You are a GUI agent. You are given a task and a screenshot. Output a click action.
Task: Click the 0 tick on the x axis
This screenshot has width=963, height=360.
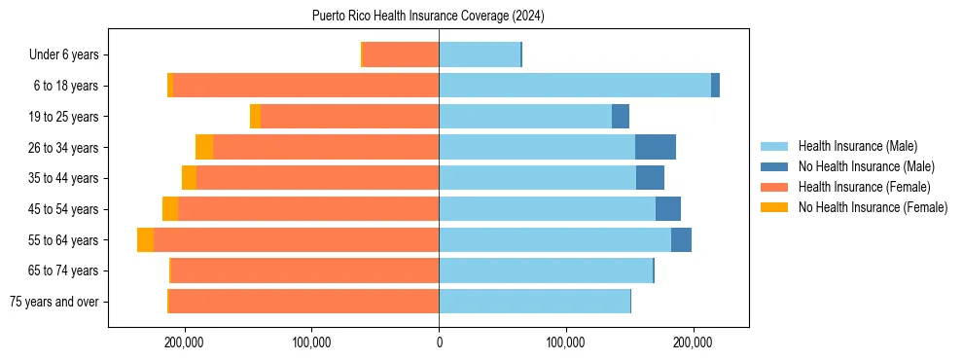point(439,342)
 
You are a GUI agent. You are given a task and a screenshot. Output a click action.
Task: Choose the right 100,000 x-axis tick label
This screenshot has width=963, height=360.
point(565,342)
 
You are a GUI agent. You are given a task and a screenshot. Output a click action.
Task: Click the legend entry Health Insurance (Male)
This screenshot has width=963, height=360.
point(857,146)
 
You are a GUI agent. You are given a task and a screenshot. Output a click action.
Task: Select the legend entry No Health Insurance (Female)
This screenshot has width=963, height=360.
point(873,207)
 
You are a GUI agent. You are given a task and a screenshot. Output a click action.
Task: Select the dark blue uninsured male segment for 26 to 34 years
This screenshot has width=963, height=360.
point(655,147)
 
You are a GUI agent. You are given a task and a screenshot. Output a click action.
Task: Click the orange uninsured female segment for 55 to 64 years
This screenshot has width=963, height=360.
point(145,240)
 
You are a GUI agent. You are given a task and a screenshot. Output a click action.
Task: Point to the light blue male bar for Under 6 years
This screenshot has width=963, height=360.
point(480,54)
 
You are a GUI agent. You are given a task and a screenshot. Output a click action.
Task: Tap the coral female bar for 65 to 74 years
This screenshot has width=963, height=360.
point(304,270)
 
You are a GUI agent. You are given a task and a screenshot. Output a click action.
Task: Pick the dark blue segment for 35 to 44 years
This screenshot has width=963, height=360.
point(650,178)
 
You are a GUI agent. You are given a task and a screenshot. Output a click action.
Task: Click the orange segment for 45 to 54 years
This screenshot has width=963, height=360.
point(170,209)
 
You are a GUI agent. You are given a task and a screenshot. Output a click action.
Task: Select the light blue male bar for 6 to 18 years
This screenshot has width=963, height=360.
point(575,86)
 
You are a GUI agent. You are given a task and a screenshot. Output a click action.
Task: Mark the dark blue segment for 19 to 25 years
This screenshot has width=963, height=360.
point(621,117)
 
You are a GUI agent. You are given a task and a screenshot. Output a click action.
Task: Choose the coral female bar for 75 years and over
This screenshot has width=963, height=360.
point(303,302)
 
